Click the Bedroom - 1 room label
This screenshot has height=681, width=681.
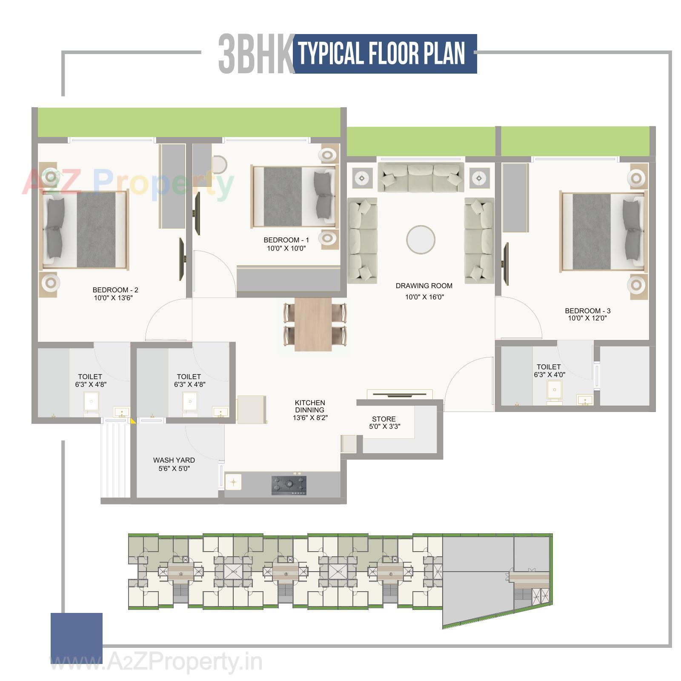click(x=286, y=240)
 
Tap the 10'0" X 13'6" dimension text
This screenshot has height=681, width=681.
click(x=113, y=298)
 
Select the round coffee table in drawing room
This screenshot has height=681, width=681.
click(x=421, y=240)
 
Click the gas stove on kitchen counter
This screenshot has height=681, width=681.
click(x=289, y=485)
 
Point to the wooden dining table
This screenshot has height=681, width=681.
click(x=313, y=324)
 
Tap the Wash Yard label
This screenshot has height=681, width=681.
click(x=174, y=460)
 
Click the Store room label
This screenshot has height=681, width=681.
click(x=383, y=419)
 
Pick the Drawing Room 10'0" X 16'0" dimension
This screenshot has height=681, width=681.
click(x=424, y=297)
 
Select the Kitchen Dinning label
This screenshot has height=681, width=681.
click(x=310, y=406)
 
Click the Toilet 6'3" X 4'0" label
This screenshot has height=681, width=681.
click(x=549, y=371)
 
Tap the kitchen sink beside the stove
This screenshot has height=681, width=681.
click(x=233, y=482)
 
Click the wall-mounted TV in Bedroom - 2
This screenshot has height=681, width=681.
click(x=181, y=259)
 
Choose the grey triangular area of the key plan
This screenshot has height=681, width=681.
click(x=477, y=596)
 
